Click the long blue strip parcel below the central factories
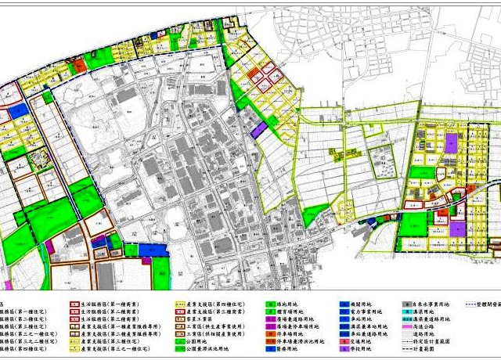150,250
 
